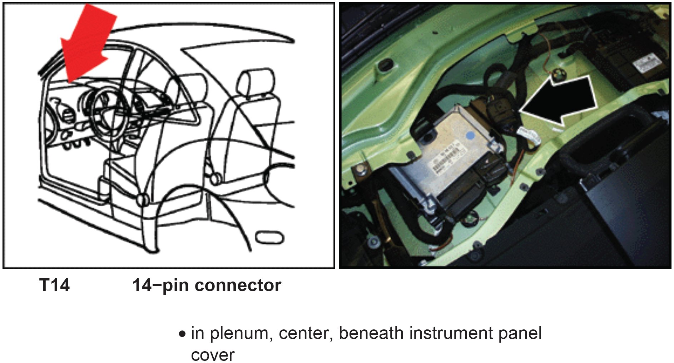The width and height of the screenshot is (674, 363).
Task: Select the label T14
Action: (x=54, y=285)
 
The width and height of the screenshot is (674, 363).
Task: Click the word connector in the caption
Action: (x=238, y=285)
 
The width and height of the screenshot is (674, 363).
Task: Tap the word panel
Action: (x=520, y=334)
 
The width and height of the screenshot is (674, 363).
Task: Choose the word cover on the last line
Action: (x=213, y=355)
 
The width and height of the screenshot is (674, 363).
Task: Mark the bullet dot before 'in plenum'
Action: (x=183, y=334)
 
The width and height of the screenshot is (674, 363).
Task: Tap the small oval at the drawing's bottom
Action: (x=270, y=238)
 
